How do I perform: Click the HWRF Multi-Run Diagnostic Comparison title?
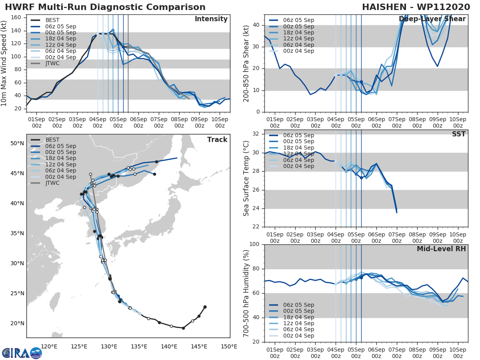tap(105, 7)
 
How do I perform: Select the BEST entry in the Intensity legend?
tap(52, 20)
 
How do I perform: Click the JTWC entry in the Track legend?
tap(52, 183)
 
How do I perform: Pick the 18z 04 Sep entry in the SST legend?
tap(298, 148)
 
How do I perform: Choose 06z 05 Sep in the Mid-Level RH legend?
tap(298, 305)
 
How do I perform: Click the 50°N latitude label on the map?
tap(17, 143)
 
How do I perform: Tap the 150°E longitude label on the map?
tap(229, 346)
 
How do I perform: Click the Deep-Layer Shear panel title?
tap(432, 19)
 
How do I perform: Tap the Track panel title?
tap(217, 140)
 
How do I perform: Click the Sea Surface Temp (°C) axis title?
tap(246, 178)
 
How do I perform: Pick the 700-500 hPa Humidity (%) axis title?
tap(246, 293)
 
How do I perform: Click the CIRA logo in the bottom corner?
tap(22, 353)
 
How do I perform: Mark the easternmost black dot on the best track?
tap(205, 307)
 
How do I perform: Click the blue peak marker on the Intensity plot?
tap(113, 30)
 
